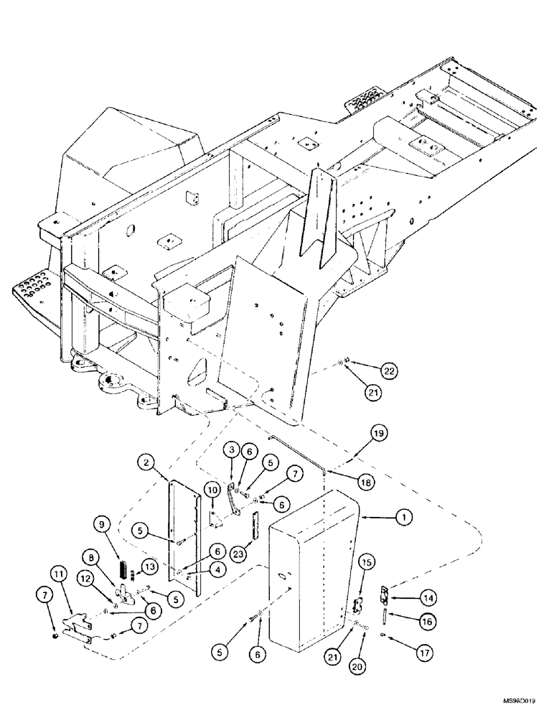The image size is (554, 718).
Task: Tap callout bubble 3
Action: [x=231, y=449]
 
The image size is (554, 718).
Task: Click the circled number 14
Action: [x=407, y=596]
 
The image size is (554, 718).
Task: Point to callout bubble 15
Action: [x=365, y=561]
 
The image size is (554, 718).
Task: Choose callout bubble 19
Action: [x=380, y=433]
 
